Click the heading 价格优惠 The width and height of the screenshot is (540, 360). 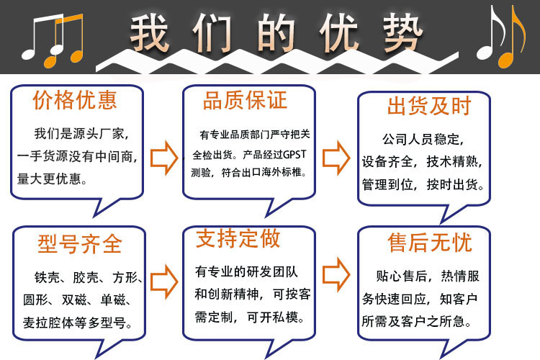(75, 100)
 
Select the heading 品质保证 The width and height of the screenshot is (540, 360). (245, 100)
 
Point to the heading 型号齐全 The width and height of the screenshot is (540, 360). (79, 244)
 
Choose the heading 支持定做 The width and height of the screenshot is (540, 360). (238, 238)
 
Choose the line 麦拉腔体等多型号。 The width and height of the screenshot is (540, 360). (82, 321)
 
